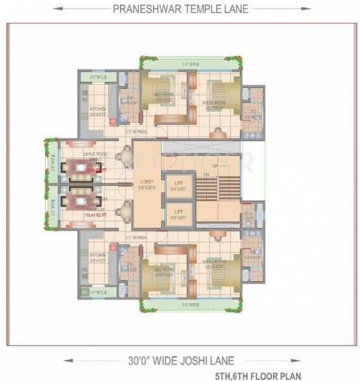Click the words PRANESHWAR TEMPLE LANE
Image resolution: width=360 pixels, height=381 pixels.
[x=180, y=10]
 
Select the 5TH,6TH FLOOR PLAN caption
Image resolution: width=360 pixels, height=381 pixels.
[x=308, y=375]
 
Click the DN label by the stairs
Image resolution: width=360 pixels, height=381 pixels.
[x=206, y=175]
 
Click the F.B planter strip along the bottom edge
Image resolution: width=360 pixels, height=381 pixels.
[x=191, y=305]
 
